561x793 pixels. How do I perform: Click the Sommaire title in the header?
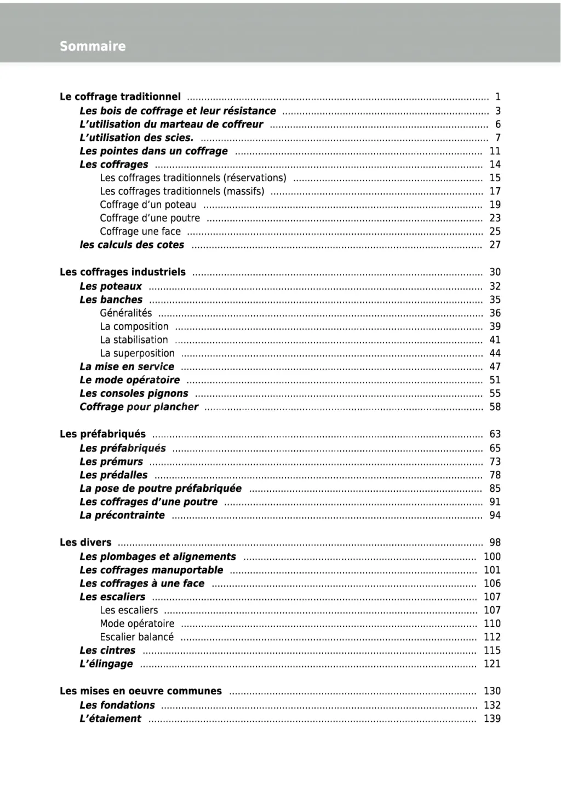[x=93, y=47]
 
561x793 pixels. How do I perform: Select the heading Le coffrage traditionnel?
[x=120, y=97]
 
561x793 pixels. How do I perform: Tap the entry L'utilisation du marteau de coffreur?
[x=171, y=124]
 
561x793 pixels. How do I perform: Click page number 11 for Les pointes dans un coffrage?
[x=495, y=151]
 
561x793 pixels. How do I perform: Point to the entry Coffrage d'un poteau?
[x=148, y=205]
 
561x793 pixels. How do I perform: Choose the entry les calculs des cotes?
[x=132, y=245]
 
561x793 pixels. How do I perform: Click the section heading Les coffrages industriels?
[x=123, y=272]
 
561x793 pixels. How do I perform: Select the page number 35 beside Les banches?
[x=495, y=300]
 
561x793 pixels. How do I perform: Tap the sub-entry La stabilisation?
[x=134, y=340]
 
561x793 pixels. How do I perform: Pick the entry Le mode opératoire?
[x=129, y=380]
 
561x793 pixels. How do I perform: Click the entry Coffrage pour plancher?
[x=139, y=407]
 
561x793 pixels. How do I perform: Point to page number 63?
[x=495, y=434]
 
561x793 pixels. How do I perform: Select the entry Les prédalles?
[x=113, y=475]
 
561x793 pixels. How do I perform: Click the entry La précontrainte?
[x=122, y=515]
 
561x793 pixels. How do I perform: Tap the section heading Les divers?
[x=85, y=543]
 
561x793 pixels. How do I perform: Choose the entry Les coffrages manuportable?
[x=151, y=570]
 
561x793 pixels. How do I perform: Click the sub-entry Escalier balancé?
[x=136, y=637]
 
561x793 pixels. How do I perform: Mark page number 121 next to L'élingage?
[x=492, y=664]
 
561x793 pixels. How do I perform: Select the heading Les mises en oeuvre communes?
[x=141, y=691]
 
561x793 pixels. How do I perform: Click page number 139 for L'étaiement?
[x=492, y=719]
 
